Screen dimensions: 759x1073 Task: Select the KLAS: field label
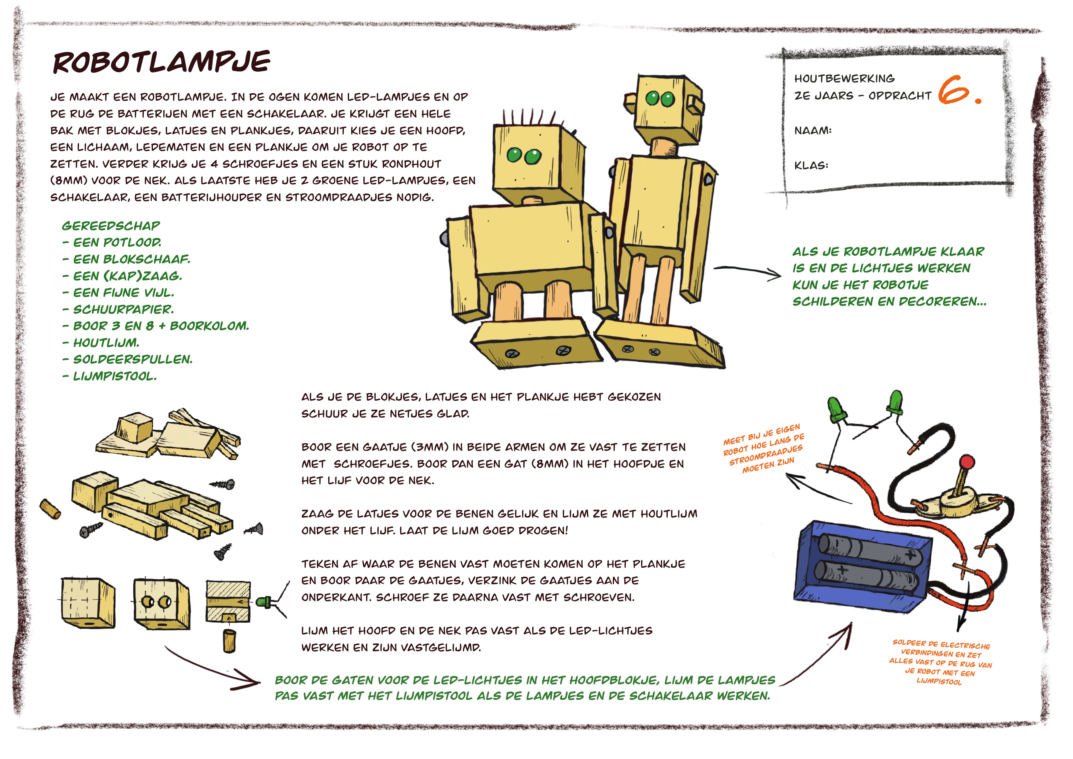click(811, 165)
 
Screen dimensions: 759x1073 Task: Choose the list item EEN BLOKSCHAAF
click(131, 259)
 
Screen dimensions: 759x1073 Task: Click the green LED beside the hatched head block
click(263, 602)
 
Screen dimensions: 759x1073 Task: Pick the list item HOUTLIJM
click(106, 343)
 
